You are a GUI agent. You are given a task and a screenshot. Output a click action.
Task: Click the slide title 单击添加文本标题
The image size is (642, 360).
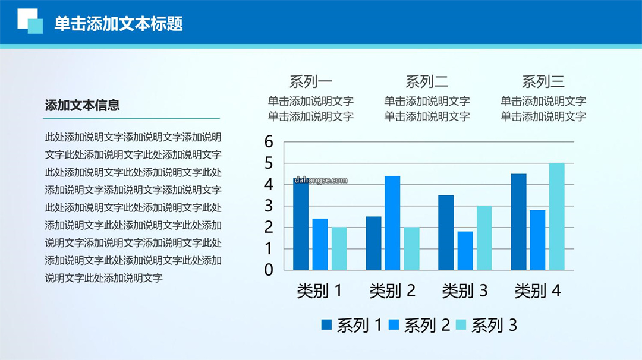[x=118, y=24]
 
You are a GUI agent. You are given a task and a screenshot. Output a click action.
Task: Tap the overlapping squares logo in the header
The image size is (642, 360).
[x=30, y=21]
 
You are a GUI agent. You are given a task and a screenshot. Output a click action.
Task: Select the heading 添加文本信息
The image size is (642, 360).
[x=82, y=105]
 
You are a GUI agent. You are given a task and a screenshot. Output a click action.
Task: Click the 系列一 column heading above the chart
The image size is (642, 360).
[x=311, y=82]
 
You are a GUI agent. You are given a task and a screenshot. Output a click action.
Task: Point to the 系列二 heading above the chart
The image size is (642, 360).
[x=427, y=82]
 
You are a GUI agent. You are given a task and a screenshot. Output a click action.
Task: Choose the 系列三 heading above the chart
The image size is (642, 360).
[x=543, y=82]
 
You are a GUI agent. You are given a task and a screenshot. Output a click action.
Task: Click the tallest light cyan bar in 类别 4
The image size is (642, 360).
[x=557, y=216]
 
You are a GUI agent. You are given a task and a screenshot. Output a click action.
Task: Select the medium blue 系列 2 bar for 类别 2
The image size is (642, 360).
[x=392, y=223]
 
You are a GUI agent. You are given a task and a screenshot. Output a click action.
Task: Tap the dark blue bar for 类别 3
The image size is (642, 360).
[x=446, y=232]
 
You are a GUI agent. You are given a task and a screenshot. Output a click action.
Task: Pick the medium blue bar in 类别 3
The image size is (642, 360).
[x=465, y=251]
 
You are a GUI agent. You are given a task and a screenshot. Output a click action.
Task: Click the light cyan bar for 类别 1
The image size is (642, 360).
[x=339, y=249]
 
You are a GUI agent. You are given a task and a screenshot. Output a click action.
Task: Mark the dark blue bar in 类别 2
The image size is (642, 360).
[x=373, y=244]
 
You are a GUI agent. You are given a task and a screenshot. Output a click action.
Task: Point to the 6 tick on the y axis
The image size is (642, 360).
[x=269, y=141]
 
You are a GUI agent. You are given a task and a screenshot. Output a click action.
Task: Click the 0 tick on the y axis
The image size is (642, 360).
[x=269, y=270]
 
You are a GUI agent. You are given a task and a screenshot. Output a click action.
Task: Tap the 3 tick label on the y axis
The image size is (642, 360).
[x=269, y=206]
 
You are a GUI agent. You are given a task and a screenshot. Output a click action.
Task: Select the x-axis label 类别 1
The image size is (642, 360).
[x=319, y=291]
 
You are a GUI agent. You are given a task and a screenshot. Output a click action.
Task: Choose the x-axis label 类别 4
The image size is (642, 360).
[x=537, y=291]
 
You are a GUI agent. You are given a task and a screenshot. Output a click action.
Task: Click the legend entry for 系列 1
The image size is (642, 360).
[x=352, y=325]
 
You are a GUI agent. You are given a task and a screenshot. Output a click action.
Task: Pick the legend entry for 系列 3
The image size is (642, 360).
[x=486, y=325]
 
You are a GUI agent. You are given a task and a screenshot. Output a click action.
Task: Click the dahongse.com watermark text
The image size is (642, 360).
[x=320, y=180]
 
